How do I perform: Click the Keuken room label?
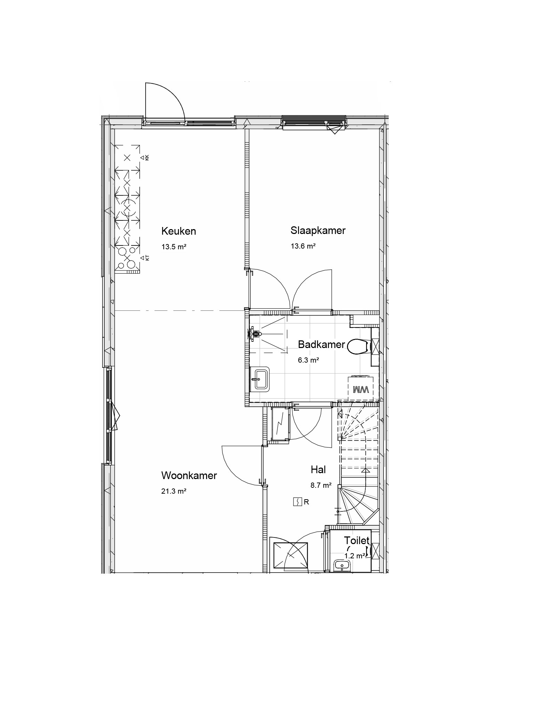pos(179,231)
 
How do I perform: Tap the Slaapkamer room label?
pos(318,230)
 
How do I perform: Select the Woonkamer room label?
pos(189,476)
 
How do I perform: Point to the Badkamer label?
pos(322,345)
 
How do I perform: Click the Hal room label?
pos(318,470)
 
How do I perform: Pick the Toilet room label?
pos(357,541)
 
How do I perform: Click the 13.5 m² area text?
pos(174,247)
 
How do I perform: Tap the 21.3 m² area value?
pos(174,491)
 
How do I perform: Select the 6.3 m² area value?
pos(308,360)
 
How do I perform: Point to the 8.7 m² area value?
pos(321,485)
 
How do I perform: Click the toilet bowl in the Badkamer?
pos(357,347)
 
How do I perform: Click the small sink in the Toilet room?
pos(342,566)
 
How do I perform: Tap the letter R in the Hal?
pos(306,502)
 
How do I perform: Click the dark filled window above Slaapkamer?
pos(314,119)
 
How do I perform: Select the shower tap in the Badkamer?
pos(255,334)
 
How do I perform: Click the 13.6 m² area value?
pos(303,246)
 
